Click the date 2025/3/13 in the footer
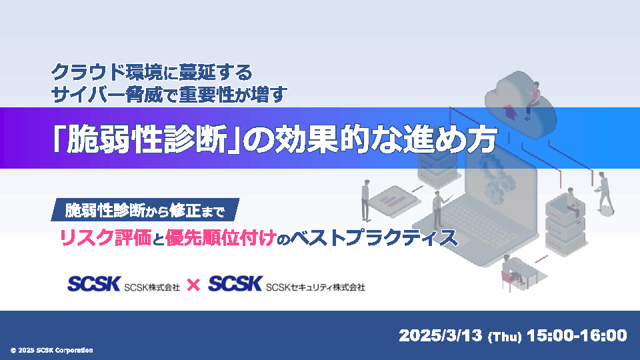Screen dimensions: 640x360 tap(441, 335)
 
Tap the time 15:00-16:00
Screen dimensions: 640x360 tap(577, 335)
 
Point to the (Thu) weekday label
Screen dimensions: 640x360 tap(505, 337)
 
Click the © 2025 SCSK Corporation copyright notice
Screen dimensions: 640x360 tap(51, 350)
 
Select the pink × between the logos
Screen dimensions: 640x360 tap(193, 285)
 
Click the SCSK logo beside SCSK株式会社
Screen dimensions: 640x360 tap(94, 284)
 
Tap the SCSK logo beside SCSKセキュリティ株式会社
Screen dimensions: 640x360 tap(235, 284)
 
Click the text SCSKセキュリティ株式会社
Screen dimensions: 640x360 tap(315, 287)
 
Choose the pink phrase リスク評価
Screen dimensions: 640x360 tap(106, 237)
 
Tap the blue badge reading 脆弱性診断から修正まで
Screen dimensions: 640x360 tap(145, 210)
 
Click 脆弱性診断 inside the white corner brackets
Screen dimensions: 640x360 tap(147, 141)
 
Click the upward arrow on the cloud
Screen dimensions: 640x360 tap(509, 111)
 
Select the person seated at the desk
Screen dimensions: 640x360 tap(512, 269)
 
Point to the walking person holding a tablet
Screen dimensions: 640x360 tap(603, 192)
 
